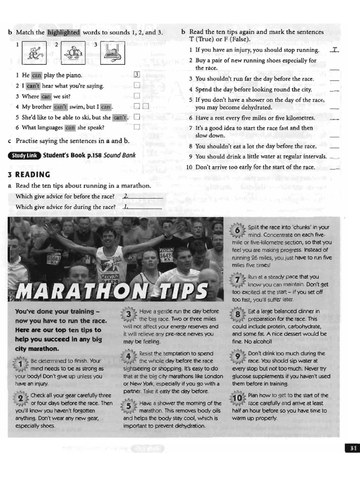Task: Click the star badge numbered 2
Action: (x=21, y=399)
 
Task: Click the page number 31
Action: (x=352, y=449)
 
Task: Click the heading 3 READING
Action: (x=29, y=175)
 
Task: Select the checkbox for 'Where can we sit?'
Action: (x=137, y=96)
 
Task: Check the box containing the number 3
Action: (x=137, y=75)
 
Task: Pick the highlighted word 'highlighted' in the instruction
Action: (x=64, y=33)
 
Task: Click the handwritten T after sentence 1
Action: (x=334, y=50)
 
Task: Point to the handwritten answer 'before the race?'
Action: (x=126, y=196)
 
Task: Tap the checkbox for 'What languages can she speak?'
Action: (x=137, y=127)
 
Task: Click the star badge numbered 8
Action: (x=239, y=314)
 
